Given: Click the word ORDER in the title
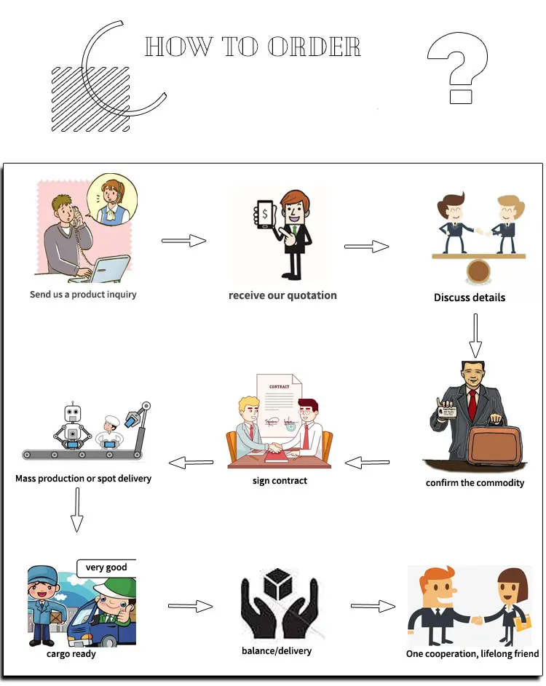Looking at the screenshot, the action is pos(314,47).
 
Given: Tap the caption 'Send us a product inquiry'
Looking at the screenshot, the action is pos(83,295).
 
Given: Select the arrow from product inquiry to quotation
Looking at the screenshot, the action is pos(183,240).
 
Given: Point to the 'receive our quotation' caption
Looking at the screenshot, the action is pos(282,295).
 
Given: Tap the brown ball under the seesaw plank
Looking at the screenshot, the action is pos(478,271).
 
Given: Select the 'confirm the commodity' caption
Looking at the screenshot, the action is pos(475,483).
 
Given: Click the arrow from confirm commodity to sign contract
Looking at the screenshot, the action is pos(367,461).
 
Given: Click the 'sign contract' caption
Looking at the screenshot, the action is pos(280,481).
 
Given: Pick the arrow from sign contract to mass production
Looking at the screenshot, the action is pos(191,461).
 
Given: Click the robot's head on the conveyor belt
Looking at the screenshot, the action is pos(72,414).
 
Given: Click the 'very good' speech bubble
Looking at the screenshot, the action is pos(106,567).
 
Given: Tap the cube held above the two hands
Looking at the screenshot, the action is pos(280,584).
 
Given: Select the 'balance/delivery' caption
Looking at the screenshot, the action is pos(277,650).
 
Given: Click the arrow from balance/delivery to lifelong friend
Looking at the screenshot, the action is pos(373,606).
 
